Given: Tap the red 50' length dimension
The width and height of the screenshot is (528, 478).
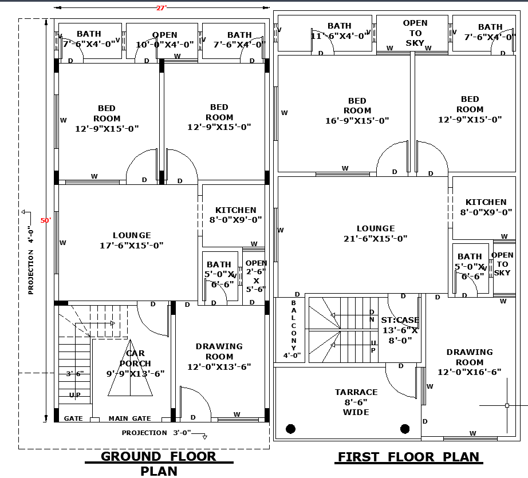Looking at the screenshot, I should [45, 220].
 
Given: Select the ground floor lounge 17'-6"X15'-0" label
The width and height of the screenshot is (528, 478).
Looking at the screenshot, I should [132, 240].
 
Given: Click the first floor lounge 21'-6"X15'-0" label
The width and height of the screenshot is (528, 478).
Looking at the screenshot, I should [375, 234].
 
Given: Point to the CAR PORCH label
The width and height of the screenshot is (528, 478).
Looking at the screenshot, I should [136, 364].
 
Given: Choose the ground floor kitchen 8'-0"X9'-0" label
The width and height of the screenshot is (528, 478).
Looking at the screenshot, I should [236, 215].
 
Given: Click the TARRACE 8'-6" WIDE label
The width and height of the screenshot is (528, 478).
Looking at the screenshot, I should [356, 402].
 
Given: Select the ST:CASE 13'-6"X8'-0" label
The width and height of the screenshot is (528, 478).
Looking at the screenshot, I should [400, 330].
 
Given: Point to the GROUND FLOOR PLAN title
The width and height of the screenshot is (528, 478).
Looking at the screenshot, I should [159, 463].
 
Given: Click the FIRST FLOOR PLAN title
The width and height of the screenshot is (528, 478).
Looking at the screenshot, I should [408, 457].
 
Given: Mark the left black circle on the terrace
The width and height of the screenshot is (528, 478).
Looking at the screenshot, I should [290, 428].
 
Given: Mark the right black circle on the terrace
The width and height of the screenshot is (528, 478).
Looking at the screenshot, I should [405, 428].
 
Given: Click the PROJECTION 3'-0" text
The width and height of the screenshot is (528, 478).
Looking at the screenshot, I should [156, 433].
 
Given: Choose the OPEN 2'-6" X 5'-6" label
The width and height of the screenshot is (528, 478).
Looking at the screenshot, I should [256, 276].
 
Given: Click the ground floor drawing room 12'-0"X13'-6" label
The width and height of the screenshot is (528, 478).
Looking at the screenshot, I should [219, 357].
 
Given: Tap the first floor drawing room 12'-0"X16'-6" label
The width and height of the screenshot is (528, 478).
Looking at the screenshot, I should [470, 362].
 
